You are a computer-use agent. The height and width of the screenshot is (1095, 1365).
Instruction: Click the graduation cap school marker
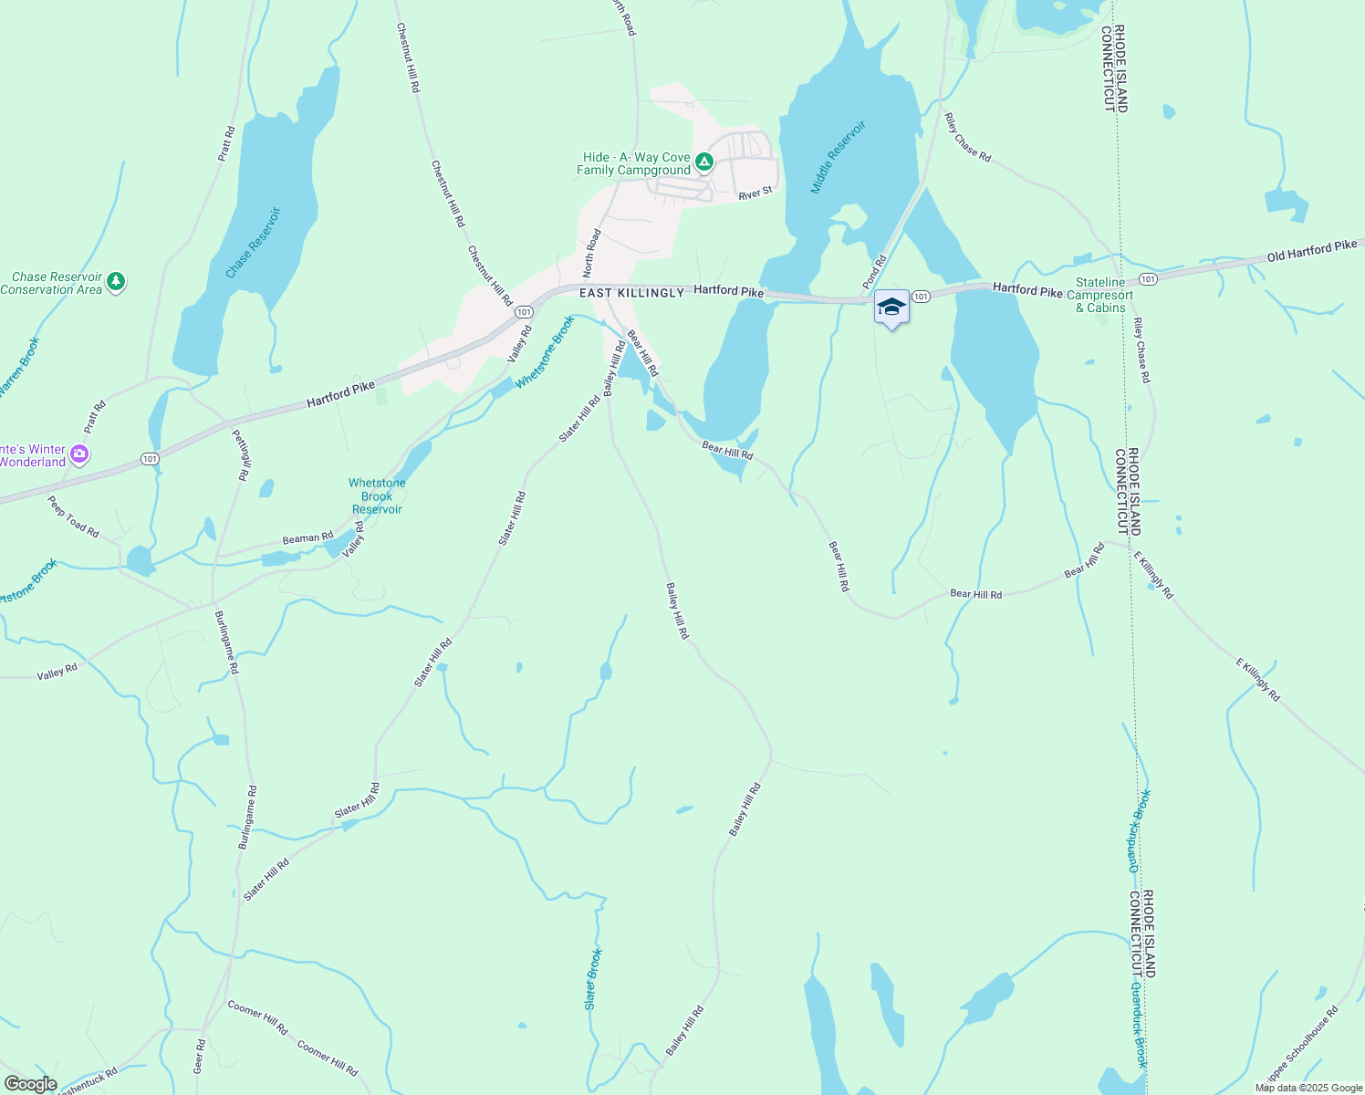pyautogui.click(x=891, y=308)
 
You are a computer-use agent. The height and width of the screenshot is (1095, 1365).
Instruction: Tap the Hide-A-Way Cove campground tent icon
pyautogui.click(x=703, y=162)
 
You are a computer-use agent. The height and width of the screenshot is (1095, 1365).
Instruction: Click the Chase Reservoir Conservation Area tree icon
pyautogui.click(x=115, y=282)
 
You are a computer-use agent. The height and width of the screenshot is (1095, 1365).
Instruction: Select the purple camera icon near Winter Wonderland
pyautogui.click(x=79, y=454)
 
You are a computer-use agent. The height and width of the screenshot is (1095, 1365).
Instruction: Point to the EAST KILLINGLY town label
pyautogui.click(x=631, y=293)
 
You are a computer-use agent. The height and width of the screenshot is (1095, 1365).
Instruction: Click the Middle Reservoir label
pyautogui.click(x=838, y=158)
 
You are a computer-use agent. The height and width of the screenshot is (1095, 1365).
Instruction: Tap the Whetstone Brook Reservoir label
pyautogui.click(x=377, y=496)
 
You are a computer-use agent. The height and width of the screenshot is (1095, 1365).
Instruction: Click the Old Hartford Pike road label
pyautogui.click(x=1311, y=251)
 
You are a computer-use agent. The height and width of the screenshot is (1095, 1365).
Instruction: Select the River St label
pyautogui.click(x=755, y=193)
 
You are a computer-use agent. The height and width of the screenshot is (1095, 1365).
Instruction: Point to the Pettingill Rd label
pyautogui.click(x=240, y=454)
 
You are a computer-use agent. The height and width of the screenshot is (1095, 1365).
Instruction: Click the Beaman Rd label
pyautogui.click(x=307, y=538)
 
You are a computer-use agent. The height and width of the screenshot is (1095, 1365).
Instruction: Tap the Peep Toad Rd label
pyautogui.click(x=73, y=516)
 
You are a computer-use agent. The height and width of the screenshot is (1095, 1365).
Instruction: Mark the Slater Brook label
pyautogui.click(x=593, y=979)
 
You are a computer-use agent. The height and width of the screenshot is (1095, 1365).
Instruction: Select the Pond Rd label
pyautogui.click(x=874, y=271)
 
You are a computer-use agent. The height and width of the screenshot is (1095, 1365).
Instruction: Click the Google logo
pyautogui.click(x=30, y=1084)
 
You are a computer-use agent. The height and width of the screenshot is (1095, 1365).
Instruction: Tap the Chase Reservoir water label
pyautogui.click(x=253, y=243)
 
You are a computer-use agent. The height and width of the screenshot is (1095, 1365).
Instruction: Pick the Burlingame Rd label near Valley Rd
pyautogui.click(x=226, y=641)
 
